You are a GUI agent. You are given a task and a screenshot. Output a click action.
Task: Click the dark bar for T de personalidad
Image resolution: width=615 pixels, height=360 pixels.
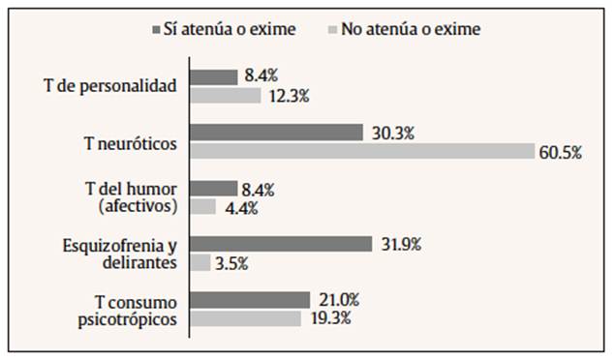coord(213,76)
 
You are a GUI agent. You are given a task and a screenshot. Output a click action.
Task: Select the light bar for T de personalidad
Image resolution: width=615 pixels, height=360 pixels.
coord(225,96)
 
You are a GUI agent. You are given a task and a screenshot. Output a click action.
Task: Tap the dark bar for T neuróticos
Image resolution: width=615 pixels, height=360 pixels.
coord(276,133)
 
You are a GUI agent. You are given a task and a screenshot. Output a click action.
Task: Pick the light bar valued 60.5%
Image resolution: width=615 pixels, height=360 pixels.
coord(362,151)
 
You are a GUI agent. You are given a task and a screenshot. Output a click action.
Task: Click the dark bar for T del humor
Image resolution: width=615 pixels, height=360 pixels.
coord(213,188)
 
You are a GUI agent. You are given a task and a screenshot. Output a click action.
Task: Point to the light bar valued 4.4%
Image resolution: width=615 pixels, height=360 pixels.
coord(202,206)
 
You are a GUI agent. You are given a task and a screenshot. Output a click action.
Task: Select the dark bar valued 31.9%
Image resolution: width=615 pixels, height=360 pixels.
coord(281,244)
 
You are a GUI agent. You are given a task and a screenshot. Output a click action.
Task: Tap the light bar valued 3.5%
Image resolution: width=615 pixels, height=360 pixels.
coord(200,262)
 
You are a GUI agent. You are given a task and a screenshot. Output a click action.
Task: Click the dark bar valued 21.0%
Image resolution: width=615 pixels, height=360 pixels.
coord(250,299)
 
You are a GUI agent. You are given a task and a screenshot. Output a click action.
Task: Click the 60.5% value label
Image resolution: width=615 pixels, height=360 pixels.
coord(561,153)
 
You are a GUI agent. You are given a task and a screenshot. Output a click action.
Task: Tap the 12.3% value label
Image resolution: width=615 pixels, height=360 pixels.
coord(290,96)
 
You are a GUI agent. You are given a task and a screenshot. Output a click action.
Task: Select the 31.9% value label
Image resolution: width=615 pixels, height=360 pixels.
coord(400,244)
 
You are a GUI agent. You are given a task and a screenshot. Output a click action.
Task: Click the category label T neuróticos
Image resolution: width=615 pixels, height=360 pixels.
coord(130,143)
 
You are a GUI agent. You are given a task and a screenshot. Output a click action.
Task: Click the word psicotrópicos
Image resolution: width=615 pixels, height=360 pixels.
coord(130,317)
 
